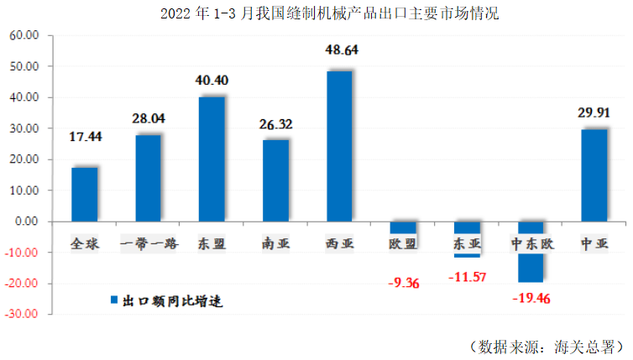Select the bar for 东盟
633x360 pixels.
tap(212, 159)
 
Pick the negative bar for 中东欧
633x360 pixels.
tap(531, 252)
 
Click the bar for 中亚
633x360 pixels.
tap(594, 175)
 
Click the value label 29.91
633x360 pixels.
tap(594, 112)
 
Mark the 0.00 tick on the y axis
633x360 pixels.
tap(28, 222)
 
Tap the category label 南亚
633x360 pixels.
tap(275, 244)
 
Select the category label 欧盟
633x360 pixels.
tap(404, 244)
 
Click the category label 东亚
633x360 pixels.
tap(468, 244)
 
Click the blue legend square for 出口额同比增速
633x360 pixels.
tap(114, 300)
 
